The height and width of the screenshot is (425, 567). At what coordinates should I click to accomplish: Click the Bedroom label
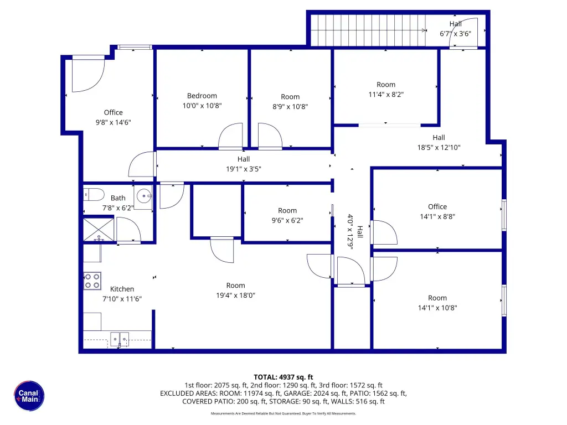pyautogui.click(x=202, y=96)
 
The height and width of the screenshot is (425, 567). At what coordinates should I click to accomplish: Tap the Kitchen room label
pyautogui.click(x=122, y=289)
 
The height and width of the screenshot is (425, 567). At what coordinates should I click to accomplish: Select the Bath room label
pyautogui.click(x=118, y=198)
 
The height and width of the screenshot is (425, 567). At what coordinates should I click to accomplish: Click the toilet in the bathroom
pyautogui.click(x=94, y=194)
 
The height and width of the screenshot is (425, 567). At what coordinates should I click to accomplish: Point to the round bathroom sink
pyautogui.click(x=144, y=196)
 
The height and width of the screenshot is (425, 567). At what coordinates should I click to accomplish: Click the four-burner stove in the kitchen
pyautogui.click(x=92, y=281)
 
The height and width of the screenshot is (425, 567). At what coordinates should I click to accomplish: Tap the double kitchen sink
pyautogui.click(x=120, y=340)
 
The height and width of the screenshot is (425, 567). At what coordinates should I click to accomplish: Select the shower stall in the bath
pyautogui.click(x=99, y=230)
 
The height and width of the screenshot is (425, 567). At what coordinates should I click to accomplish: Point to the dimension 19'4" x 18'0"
pyautogui.click(x=235, y=296)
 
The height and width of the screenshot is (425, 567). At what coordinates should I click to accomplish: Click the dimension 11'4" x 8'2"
pyautogui.click(x=386, y=94)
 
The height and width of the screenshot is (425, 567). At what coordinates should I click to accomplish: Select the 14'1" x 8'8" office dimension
pyautogui.click(x=437, y=216)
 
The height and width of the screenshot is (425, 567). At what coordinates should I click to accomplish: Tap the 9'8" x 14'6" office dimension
pyautogui.click(x=113, y=122)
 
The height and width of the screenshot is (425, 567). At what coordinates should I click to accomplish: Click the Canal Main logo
pyautogui.click(x=29, y=396)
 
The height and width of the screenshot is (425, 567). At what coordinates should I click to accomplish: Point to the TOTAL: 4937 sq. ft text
pyautogui.click(x=283, y=377)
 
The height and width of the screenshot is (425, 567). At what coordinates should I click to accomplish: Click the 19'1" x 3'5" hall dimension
pyautogui.click(x=244, y=169)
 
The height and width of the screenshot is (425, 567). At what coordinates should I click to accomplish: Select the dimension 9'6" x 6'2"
pyautogui.click(x=287, y=220)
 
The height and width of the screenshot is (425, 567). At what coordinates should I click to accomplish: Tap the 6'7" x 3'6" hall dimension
pyautogui.click(x=455, y=34)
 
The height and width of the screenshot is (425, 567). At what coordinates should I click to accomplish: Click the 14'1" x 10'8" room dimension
pyautogui.click(x=437, y=308)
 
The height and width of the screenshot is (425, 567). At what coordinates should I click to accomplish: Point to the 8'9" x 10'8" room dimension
pyautogui.click(x=290, y=106)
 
